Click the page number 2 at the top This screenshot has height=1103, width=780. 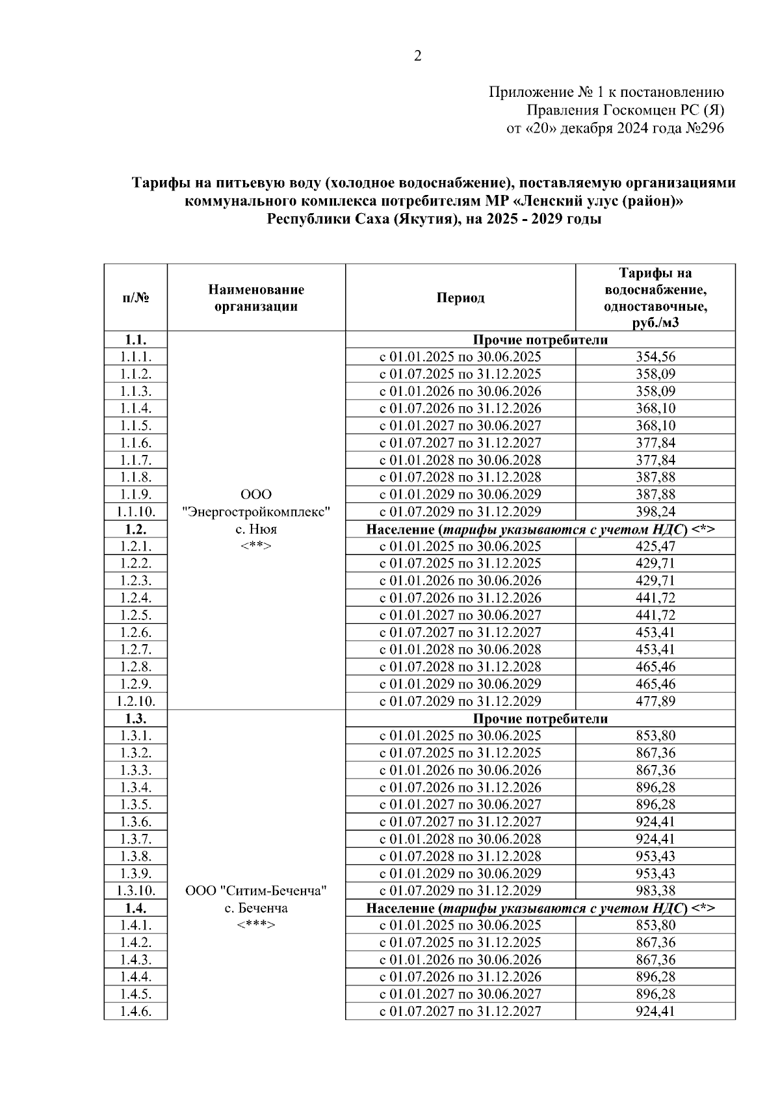pos(418,56)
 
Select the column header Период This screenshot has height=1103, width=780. pos(460,298)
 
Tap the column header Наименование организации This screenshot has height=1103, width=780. pos(256,298)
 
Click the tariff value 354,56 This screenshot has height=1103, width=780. pos(655,357)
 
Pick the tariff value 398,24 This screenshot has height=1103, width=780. pos(655,512)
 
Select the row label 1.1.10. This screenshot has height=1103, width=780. pos(136,512)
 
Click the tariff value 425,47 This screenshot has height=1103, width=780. pos(655,546)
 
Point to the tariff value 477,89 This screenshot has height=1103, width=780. pos(655,701)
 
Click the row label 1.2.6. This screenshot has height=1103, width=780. pos(136,632)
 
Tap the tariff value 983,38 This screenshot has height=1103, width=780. pos(655,890)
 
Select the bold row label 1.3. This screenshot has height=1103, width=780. pos(136,718)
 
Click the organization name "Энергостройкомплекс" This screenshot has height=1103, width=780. pos(256,512)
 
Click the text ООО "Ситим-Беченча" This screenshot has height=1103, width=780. pos(256,890)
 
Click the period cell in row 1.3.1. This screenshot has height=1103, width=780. pos(460,736)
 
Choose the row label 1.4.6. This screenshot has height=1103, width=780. pos(136,1011)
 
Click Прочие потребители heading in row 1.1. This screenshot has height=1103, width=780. pos(540,340)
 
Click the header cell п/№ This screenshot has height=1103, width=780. pos(136,298)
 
